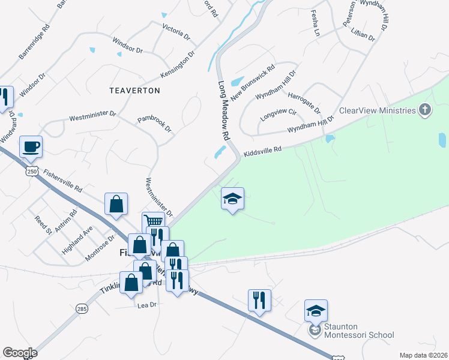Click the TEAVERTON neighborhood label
pyautogui.click(x=135, y=91)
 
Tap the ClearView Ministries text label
pyautogui.click(x=378, y=110)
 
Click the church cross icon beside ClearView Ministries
pyautogui.click(x=425, y=110)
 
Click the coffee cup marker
pyautogui.click(x=31, y=146)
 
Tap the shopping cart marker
pyautogui.click(x=153, y=222)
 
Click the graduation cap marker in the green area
pyautogui.click(x=232, y=199)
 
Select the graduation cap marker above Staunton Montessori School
pyautogui.click(x=316, y=310)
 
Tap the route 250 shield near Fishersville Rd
pyautogui.click(x=32, y=172)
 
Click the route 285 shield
pyautogui.click(x=82, y=309)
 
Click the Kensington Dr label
pyautogui.click(x=178, y=64)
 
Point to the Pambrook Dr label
pyautogui.click(x=155, y=124)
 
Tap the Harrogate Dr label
pyautogui.click(x=304, y=103)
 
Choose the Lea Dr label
pyautogui.click(x=147, y=305)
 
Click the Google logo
pyautogui.click(x=20, y=353)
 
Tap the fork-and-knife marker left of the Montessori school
pyautogui.click(x=259, y=299)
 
